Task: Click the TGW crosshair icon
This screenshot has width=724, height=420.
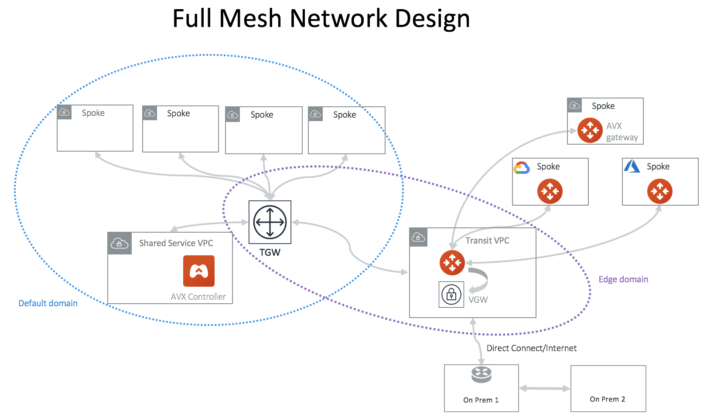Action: [x=270, y=222]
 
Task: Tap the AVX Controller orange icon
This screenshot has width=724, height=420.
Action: [x=199, y=271]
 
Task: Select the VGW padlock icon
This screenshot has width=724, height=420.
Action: [x=451, y=295]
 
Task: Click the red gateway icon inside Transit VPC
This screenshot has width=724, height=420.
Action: [x=452, y=263]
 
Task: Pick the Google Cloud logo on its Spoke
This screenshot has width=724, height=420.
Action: [x=522, y=168]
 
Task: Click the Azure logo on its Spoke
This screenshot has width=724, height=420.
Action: [x=632, y=166]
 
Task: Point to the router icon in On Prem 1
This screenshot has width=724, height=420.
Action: [x=482, y=374]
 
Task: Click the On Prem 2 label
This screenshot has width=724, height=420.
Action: [x=608, y=399]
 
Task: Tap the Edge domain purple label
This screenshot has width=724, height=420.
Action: [x=623, y=279]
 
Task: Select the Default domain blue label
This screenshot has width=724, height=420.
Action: [x=48, y=303]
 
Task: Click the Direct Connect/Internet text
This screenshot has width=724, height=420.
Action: [x=532, y=348]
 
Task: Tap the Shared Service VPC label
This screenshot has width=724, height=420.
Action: [x=176, y=243]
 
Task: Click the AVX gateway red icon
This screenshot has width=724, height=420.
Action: [x=590, y=130]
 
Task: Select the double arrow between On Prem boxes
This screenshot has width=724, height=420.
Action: [x=545, y=388]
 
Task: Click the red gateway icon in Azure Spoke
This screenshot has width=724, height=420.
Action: [x=660, y=191]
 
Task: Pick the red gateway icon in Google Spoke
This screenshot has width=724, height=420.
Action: [x=550, y=191]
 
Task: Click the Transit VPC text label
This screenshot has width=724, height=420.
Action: [x=487, y=240]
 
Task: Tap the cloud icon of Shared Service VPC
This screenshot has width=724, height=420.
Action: [x=120, y=243]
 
